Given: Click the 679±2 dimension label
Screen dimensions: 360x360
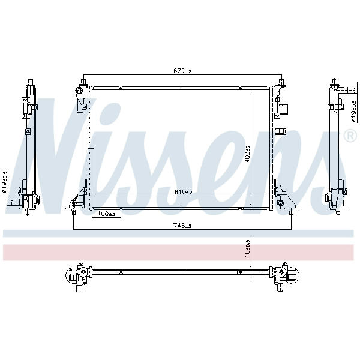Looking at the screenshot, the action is tap(182, 71).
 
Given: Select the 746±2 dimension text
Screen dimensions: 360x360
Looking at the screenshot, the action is tap(182, 226).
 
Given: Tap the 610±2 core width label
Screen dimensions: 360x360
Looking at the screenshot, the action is tap(183, 192).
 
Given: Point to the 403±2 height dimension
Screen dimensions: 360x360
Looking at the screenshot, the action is tap(247, 154).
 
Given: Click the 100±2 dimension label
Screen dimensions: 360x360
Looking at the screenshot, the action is tap(106, 214).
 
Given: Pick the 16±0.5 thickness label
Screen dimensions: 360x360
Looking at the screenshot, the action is tap(247, 248).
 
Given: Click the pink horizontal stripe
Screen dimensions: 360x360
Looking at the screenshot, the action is tap(178, 253).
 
